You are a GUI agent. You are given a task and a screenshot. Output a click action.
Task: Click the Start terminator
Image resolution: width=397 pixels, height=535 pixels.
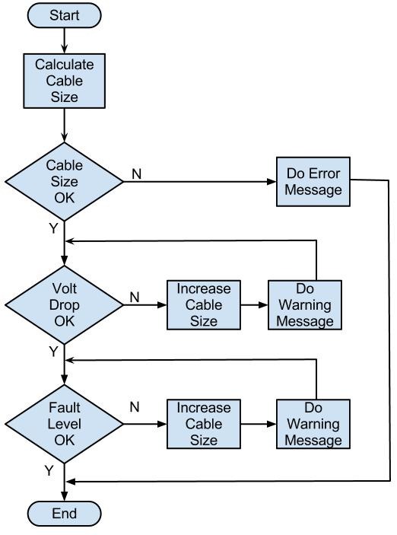click(65, 14)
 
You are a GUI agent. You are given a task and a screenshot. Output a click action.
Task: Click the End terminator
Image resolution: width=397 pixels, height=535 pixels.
click(65, 514)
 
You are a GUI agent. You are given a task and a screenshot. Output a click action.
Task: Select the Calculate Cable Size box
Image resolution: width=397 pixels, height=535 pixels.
click(65, 80)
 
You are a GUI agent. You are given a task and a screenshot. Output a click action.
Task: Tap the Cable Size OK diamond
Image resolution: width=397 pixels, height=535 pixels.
click(65, 181)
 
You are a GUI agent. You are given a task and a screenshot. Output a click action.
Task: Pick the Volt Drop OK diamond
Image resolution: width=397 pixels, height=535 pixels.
click(65, 301)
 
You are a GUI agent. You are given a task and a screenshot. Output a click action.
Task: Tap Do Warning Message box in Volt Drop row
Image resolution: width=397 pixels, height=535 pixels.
click(304, 304)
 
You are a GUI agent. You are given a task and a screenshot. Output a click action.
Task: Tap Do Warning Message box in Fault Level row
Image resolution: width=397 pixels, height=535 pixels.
click(313, 423)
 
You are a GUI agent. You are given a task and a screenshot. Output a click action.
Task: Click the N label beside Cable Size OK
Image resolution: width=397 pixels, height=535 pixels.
click(136, 173)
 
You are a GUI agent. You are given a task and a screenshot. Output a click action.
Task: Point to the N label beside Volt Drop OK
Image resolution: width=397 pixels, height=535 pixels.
click(134, 297)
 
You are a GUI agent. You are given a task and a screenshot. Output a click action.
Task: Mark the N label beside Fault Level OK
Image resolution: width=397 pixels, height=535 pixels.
click(134, 408)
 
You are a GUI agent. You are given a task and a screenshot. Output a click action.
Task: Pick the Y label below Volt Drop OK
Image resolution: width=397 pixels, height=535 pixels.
click(52, 351)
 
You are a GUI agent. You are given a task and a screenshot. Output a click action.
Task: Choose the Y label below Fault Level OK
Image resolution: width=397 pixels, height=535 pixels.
click(49, 471)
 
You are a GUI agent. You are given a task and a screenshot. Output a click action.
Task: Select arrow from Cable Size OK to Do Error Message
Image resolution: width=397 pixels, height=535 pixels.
click(198, 182)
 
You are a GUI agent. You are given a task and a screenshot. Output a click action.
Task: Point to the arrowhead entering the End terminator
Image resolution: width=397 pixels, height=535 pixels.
click(65, 497)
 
